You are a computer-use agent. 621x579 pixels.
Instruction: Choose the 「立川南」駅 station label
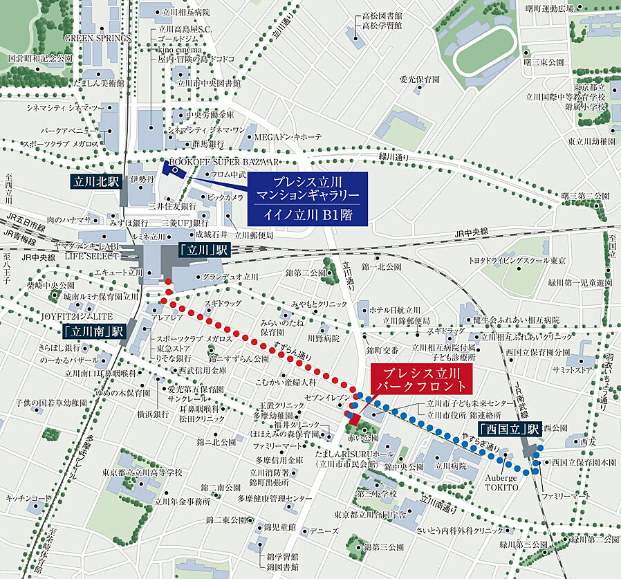93,331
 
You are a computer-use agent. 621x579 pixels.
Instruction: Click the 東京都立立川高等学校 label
142,472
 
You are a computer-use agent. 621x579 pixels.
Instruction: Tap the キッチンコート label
28,497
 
